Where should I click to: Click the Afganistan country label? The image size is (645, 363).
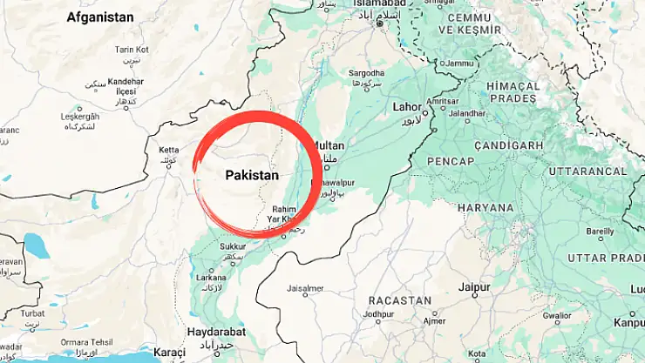pos(100,17)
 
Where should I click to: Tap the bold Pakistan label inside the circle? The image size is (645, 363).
pos(252,175)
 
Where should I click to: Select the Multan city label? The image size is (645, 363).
pos(328,145)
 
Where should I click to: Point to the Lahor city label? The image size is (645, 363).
pos(407,107)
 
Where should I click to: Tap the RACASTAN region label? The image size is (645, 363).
pos(400,300)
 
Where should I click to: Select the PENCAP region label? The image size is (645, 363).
pos(451,162)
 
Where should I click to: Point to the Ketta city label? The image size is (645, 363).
pos(168,151)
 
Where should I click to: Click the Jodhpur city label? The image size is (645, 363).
pos(379,314)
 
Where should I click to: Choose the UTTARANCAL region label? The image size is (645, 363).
pos(587,171)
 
